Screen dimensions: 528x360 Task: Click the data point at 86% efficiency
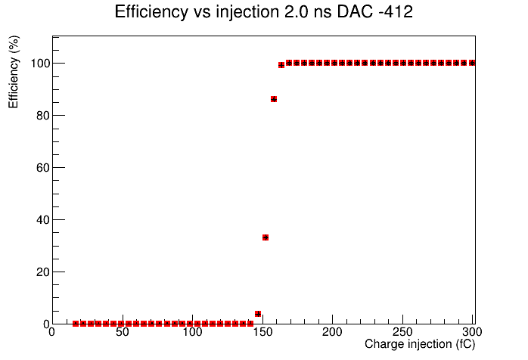tap(274, 99)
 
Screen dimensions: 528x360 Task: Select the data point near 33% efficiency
tap(266, 237)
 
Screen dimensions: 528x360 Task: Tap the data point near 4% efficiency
tap(258, 314)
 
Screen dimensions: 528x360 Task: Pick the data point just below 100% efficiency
tap(281, 65)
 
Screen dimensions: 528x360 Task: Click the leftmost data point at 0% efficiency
tap(76, 324)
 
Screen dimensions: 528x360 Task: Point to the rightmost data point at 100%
tap(472, 63)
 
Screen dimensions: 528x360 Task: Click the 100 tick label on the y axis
tap(40, 64)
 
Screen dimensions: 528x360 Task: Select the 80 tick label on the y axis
tap(43, 116)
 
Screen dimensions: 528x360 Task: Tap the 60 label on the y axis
tap(43, 168)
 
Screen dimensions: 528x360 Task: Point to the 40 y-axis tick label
tap(43, 220)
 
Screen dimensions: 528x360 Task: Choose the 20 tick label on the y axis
tap(43, 272)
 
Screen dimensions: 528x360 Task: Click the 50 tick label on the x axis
tap(123, 332)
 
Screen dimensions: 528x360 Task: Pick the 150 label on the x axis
tap(262, 332)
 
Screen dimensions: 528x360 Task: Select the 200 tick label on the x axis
tap(332, 332)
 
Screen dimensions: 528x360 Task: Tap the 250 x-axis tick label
tap(402, 332)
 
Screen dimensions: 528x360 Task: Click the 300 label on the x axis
tap(472, 332)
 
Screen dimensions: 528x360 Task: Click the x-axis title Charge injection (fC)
tap(420, 345)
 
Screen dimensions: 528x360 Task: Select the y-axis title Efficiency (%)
tap(14, 72)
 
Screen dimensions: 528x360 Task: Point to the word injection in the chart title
tap(247, 13)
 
